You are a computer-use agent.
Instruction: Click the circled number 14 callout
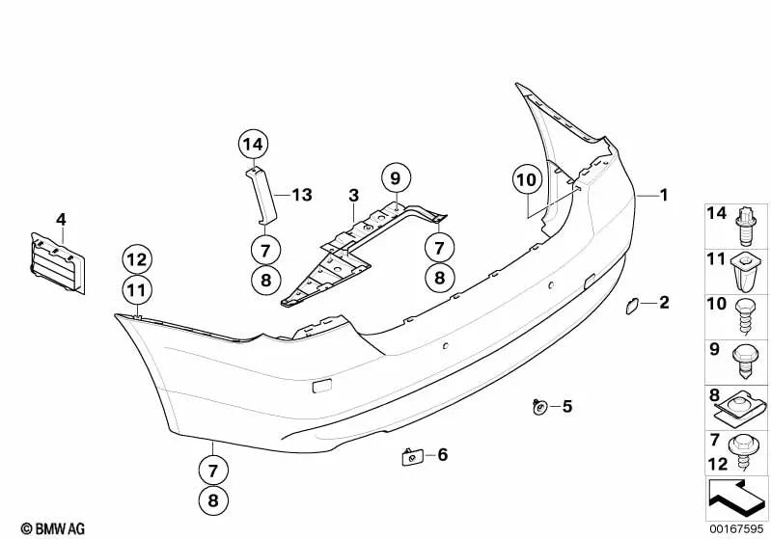click(253, 145)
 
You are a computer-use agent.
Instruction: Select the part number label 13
click(302, 195)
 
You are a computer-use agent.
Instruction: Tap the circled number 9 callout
click(396, 177)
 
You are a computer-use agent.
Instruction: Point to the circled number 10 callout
click(527, 180)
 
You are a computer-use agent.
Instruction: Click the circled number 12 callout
click(137, 259)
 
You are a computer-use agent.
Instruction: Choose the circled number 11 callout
click(137, 290)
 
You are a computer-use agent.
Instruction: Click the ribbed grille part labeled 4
click(58, 264)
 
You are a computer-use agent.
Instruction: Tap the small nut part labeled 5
click(539, 406)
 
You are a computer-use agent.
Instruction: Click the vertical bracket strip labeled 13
click(262, 195)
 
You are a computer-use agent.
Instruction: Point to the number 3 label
click(353, 196)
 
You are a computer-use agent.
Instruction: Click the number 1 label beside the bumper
click(664, 195)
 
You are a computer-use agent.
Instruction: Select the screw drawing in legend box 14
click(747, 227)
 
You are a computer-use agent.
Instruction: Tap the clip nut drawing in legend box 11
click(747, 272)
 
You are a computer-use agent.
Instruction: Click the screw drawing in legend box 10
click(745, 316)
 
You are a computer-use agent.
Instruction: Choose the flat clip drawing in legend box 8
click(739, 409)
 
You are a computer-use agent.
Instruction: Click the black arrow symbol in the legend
click(736, 498)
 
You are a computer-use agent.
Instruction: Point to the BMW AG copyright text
click(53, 528)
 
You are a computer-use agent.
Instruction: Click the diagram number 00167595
click(736, 528)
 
